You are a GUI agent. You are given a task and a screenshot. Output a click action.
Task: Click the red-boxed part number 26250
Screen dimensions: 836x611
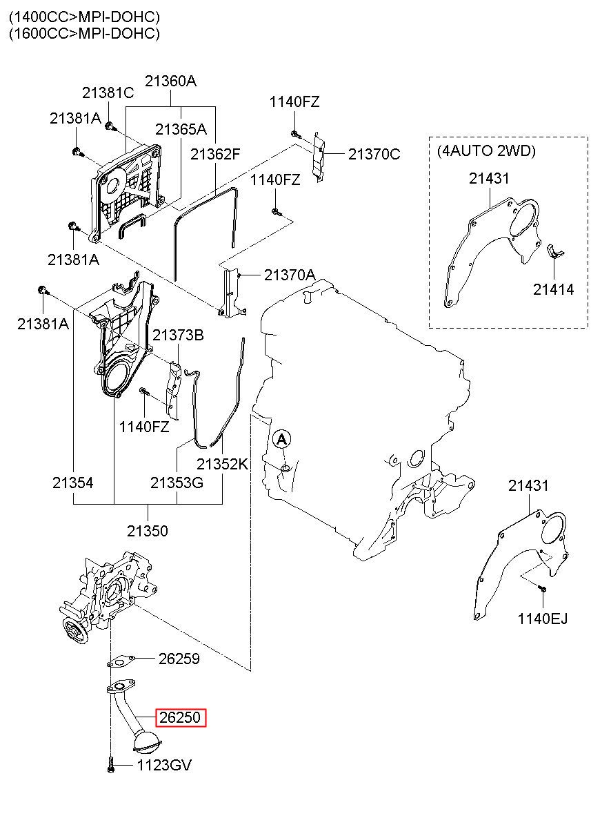click(x=180, y=718)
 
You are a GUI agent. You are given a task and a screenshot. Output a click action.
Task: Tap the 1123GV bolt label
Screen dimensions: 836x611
click(x=163, y=765)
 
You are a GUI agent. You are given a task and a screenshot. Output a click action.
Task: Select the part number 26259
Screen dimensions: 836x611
click(x=179, y=659)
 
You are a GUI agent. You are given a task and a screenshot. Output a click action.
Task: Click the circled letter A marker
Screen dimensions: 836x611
click(x=281, y=438)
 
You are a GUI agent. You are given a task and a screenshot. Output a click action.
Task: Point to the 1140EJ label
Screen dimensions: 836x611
click(x=543, y=619)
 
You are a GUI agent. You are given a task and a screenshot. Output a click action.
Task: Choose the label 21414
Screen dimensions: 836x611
click(x=553, y=289)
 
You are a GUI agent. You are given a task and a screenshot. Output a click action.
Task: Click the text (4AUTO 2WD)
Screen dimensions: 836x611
click(x=485, y=150)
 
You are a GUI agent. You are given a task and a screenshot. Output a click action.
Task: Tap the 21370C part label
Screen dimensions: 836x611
click(x=374, y=154)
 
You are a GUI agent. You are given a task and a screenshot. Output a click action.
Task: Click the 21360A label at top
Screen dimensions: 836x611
click(x=170, y=81)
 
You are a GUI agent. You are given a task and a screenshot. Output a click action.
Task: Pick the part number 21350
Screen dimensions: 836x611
click(x=147, y=531)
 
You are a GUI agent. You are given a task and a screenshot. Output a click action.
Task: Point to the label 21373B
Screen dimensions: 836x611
click(x=178, y=336)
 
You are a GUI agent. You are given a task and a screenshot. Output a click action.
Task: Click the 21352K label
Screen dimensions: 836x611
click(x=222, y=464)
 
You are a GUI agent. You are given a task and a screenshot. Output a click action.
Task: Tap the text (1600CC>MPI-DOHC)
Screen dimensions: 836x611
click(x=84, y=33)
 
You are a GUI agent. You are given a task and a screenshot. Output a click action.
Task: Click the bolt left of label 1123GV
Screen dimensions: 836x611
click(x=111, y=764)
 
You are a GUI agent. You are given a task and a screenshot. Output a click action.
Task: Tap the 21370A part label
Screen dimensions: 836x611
click(x=289, y=275)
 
